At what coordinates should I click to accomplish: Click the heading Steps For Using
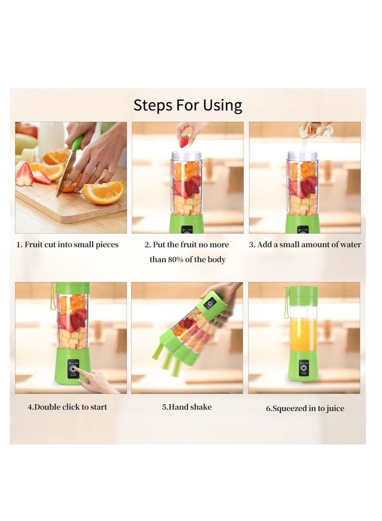pos(188,106)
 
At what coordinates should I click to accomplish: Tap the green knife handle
pos(77,143)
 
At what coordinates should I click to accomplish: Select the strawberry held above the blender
pos(185,141)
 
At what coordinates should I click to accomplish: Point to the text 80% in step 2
pos(175,259)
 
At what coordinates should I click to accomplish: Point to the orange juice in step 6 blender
pos(304,334)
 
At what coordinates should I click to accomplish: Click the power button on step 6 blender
pos(304,368)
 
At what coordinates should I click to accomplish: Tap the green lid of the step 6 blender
pos(302,292)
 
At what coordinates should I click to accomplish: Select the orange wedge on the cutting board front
pos(103,193)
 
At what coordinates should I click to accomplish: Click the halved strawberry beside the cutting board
pos(24,174)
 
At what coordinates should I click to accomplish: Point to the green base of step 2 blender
pos(187,223)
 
